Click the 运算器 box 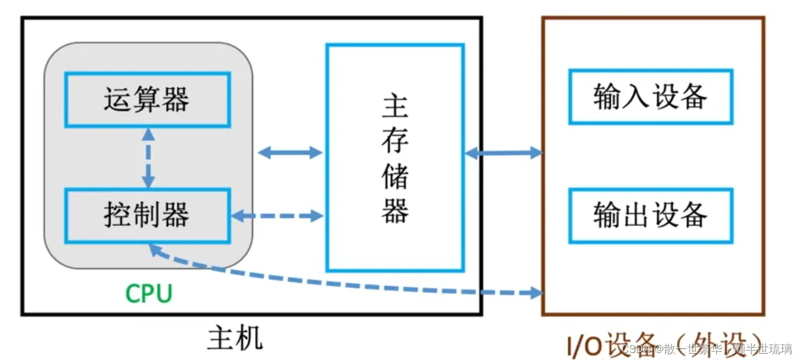pyautogui.click(x=147, y=100)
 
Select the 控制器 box pyautogui.click(x=147, y=215)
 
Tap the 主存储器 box pyautogui.click(x=395, y=158)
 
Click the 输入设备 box pyautogui.click(x=650, y=97)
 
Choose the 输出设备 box pyautogui.click(x=650, y=215)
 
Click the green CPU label pyautogui.click(x=149, y=293)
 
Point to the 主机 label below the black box pyautogui.click(x=235, y=338)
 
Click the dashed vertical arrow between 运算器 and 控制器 pyautogui.click(x=149, y=158)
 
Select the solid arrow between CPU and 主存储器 pyautogui.click(x=290, y=153)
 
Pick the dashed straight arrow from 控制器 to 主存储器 pyautogui.click(x=277, y=216)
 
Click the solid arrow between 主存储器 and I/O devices pyautogui.click(x=503, y=153)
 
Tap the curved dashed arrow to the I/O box pyautogui.click(x=350, y=284)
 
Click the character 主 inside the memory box pyautogui.click(x=395, y=106)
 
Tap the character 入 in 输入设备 pyautogui.click(x=635, y=97)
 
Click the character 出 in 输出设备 pyautogui.click(x=635, y=215)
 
